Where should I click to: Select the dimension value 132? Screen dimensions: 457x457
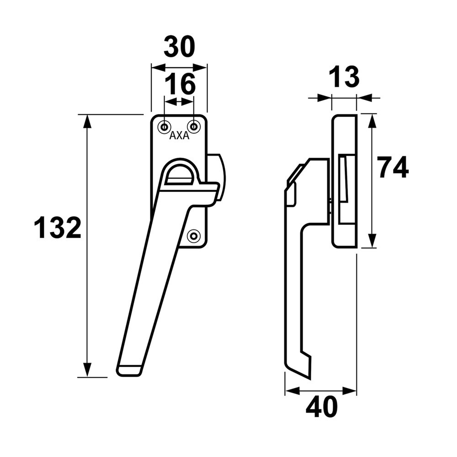(58, 228)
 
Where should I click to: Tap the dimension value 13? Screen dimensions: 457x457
(344, 77)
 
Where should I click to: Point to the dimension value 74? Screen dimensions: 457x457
(393, 168)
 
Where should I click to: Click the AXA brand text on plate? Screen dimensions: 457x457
(179, 136)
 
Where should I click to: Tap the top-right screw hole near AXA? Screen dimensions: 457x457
(194, 127)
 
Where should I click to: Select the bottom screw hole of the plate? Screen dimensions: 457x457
(194, 236)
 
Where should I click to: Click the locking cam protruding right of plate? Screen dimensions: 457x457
(217, 176)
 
